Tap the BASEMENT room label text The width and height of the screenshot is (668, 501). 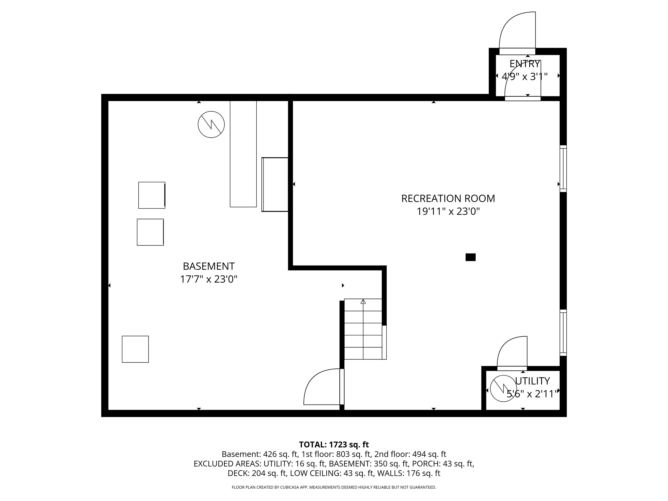(209, 266)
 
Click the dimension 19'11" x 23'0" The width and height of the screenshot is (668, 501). (448, 211)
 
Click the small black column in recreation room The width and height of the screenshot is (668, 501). (471, 257)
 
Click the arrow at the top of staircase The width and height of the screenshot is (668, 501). (363, 301)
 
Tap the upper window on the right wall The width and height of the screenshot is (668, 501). (563, 169)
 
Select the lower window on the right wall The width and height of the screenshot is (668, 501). (563, 332)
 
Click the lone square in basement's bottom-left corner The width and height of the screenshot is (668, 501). (135, 349)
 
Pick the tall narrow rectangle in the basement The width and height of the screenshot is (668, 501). (243, 154)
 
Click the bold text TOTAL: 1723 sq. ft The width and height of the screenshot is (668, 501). (334, 444)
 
